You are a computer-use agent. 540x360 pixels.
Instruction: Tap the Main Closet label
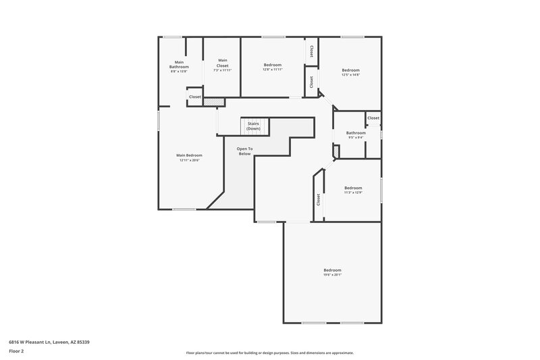pos(223,62)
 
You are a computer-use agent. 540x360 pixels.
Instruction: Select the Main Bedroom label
pos(190,155)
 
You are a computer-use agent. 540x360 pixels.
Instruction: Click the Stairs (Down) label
pos(254,126)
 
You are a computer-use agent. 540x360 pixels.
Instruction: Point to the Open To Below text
pos(244,151)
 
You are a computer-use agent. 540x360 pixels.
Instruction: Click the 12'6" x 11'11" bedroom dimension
pos(273,70)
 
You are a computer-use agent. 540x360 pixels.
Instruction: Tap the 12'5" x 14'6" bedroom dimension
pos(350,75)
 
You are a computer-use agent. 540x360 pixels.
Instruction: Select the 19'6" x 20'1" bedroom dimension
pos(332,275)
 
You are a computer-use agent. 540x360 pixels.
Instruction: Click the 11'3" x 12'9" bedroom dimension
pos(353,192)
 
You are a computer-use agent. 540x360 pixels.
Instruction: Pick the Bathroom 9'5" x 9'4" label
pos(356,135)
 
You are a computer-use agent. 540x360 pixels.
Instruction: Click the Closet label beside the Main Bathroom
pos(194,97)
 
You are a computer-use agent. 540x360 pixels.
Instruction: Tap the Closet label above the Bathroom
pos(373,118)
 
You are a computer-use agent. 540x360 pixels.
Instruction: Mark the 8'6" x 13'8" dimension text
pos(179,70)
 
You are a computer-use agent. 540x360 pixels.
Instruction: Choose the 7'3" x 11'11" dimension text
pos(223,70)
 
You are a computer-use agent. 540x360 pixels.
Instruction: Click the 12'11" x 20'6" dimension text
pos(190,160)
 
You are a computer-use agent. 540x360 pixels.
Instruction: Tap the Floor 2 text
pos(16,351)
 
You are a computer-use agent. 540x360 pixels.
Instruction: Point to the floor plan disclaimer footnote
pos(269,353)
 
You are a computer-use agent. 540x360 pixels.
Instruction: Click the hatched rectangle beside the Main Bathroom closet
pos(213,102)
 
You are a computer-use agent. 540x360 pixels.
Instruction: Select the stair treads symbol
pos(254,126)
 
